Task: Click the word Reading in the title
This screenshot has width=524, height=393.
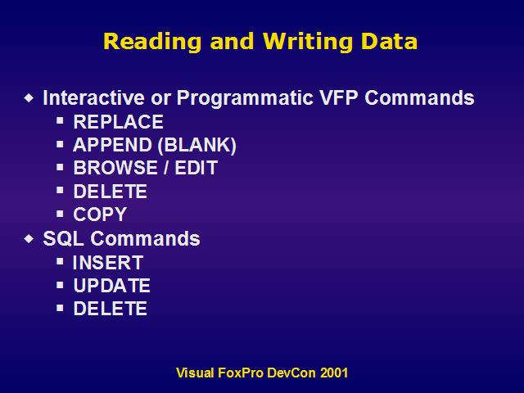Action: pos(152,42)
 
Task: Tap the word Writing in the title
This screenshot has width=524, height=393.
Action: pos(307,42)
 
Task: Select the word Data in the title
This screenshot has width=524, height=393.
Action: pos(390,41)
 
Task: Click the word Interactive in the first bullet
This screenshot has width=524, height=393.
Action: pos(93,97)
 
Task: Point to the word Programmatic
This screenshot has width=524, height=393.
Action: pos(245,98)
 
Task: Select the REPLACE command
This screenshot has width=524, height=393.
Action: pos(118,122)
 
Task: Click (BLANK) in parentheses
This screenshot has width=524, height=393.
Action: pos(196,146)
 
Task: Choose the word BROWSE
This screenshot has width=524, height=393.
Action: pos(115,167)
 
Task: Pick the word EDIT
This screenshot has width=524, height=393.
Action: pos(196,167)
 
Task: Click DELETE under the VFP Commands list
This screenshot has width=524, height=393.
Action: pos(110,192)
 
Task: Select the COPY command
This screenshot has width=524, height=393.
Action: pos(100,215)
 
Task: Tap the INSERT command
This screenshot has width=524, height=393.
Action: pos(108,263)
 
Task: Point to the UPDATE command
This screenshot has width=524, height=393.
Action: pos(111,286)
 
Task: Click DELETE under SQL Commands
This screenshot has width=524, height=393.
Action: pos(110,309)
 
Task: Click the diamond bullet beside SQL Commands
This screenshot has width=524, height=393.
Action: pos(29,238)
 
